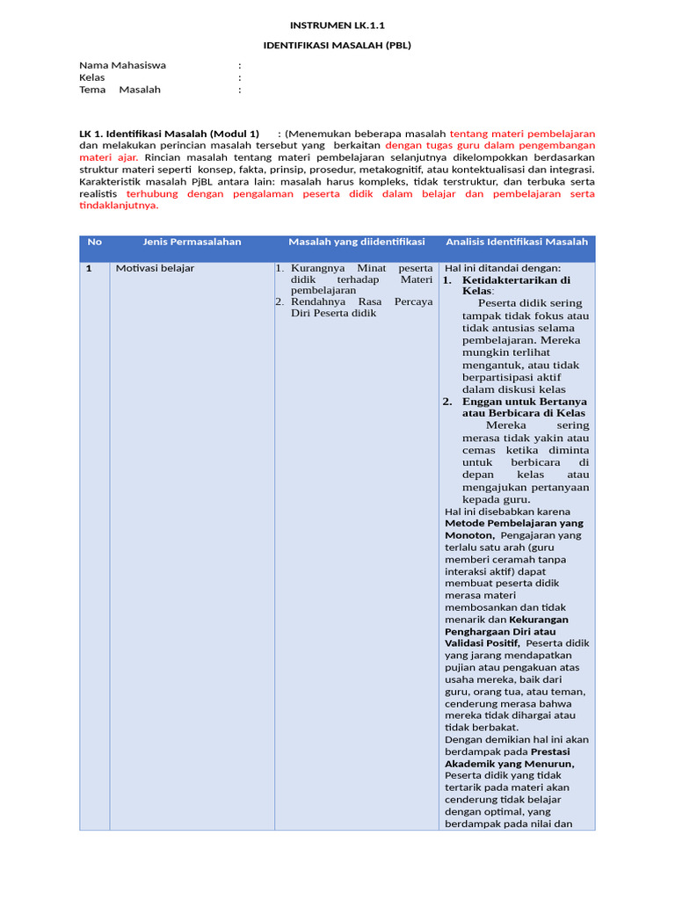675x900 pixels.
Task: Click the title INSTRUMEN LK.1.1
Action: pyautogui.click(x=337, y=25)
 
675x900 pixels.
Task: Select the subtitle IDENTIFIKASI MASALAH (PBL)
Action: pyautogui.click(x=337, y=45)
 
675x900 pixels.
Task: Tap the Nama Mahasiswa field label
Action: pyautogui.click(x=122, y=65)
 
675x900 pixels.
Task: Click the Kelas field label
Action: pyautogui.click(x=92, y=77)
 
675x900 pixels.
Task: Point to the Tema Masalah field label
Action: pyautogui.click(x=120, y=90)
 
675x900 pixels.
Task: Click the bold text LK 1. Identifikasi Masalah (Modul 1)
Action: pyautogui.click(x=169, y=134)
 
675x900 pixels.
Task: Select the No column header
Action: pyautogui.click(x=95, y=242)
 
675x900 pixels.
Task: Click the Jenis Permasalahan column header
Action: pyautogui.click(x=192, y=242)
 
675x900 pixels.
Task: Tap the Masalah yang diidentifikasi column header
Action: pyautogui.click(x=357, y=242)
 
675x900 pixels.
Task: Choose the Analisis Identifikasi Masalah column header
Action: pyautogui.click(x=517, y=242)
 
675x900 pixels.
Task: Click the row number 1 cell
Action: pyautogui.click(x=90, y=268)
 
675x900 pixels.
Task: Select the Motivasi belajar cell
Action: pyautogui.click(x=155, y=268)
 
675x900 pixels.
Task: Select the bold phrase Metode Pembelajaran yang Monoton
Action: pyautogui.click(x=513, y=528)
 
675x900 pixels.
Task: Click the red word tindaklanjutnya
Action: pyautogui.click(x=119, y=206)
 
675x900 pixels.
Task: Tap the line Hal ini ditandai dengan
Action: pyautogui.click(x=503, y=268)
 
